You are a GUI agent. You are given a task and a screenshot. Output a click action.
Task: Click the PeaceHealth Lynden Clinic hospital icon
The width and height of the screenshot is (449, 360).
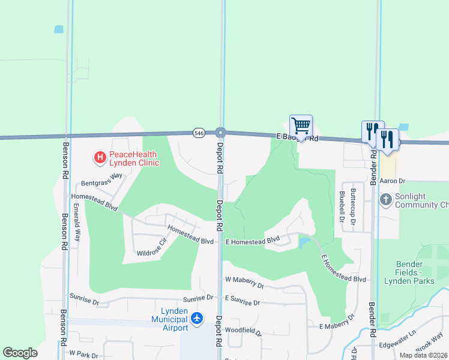[100, 158]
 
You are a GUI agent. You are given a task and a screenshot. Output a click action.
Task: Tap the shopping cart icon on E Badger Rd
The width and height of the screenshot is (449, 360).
[301, 126]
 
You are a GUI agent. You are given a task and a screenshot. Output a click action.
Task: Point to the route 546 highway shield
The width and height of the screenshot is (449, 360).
[199, 132]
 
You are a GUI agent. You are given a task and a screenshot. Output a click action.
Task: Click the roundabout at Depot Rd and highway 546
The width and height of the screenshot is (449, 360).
[220, 132]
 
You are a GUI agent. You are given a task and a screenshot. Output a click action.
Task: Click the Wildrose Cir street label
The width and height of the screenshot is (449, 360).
[151, 249]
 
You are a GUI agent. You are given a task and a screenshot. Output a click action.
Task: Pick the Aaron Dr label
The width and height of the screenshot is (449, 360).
[394, 181]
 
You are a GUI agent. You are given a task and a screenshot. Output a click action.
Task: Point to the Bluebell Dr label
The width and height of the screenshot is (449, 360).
[341, 206]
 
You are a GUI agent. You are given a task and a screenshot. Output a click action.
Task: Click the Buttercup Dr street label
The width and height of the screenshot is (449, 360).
[353, 209]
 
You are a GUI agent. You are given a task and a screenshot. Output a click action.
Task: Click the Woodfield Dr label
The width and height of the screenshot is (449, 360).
[243, 330]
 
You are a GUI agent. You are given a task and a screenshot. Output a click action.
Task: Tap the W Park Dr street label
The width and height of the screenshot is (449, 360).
[83, 354]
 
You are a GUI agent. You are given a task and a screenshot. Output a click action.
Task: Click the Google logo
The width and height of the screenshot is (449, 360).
[20, 353]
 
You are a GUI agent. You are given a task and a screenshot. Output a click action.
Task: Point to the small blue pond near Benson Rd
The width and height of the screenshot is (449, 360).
[59, 29]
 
